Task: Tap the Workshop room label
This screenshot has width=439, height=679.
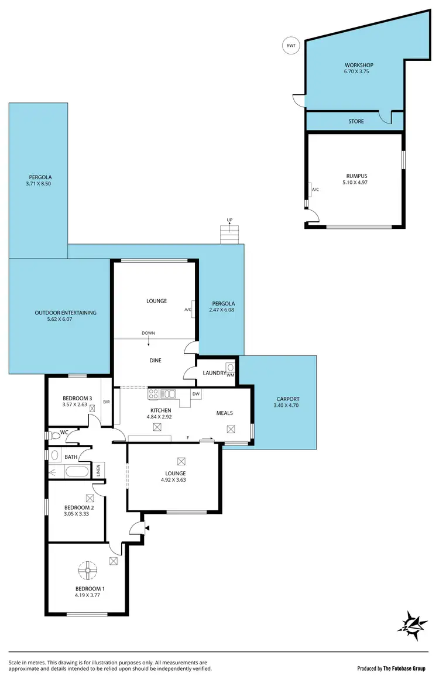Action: (x=359, y=65)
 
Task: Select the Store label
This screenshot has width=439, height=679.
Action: (x=356, y=122)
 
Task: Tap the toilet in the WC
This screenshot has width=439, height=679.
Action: (x=56, y=435)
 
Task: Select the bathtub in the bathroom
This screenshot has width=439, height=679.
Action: (x=76, y=471)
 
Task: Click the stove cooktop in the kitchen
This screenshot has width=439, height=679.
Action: (x=154, y=394)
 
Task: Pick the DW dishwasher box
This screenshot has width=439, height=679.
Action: (x=196, y=394)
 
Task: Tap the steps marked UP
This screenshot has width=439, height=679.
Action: (x=229, y=235)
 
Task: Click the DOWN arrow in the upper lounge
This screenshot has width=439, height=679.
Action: (x=148, y=339)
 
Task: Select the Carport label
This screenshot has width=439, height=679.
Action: (x=287, y=399)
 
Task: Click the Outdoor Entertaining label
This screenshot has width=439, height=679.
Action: (x=66, y=313)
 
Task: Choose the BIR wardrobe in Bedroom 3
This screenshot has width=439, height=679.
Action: (x=107, y=402)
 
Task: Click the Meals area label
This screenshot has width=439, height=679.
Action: (x=224, y=413)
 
